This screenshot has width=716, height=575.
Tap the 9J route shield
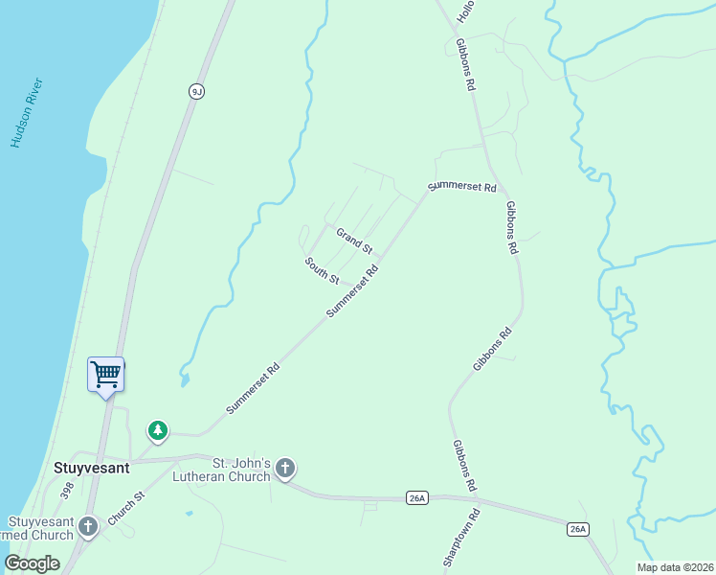pyautogui.click(x=197, y=91)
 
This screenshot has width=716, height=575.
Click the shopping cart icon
pyautogui.click(x=105, y=374)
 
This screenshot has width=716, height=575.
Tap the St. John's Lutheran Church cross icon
pyautogui.click(x=284, y=469)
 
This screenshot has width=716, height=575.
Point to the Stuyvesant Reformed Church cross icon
pyautogui.click(x=88, y=525)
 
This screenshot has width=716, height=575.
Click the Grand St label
pyautogui.click(x=353, y=240)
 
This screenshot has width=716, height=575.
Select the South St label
pyautogui.click(x=323, y=270)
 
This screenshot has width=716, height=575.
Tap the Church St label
pyautogui.click(x=125, y=508)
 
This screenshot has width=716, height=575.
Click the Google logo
pyautogui.click(x=33, y=563)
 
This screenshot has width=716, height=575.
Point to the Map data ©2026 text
pyautogui.click(x=674, y=567)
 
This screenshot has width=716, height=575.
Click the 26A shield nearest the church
pyautogui.click(x=416, y=497)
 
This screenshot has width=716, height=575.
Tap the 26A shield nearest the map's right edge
pyautogui.click(x=577, y=529)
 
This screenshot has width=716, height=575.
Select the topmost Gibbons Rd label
pyautogui.click(x=466, y=64)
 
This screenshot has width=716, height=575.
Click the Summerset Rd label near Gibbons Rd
pyautogui.click(x=462, y=186)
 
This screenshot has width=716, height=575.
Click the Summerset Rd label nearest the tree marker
pyautogui.click(x=253, y=388)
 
